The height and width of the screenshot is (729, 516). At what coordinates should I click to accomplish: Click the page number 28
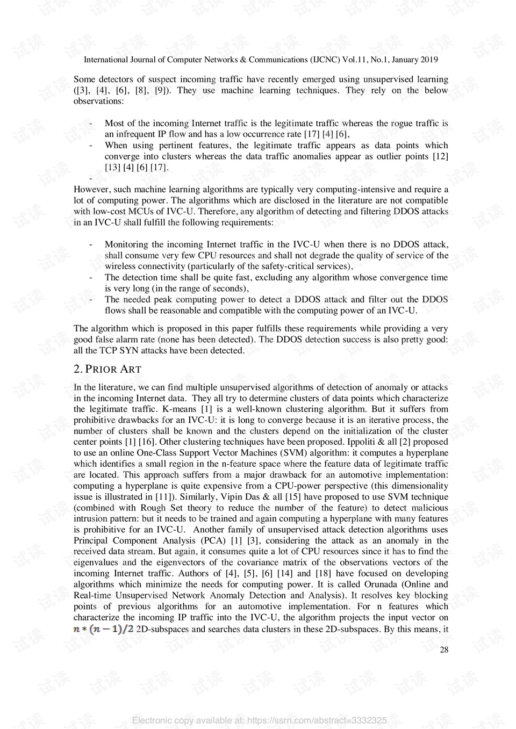444,650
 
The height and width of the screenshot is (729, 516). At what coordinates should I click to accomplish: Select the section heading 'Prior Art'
107,369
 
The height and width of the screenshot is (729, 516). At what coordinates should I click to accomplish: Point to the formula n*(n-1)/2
103,629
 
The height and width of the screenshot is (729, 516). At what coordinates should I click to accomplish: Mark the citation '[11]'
163,496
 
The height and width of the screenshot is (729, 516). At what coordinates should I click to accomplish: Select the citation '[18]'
323,573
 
